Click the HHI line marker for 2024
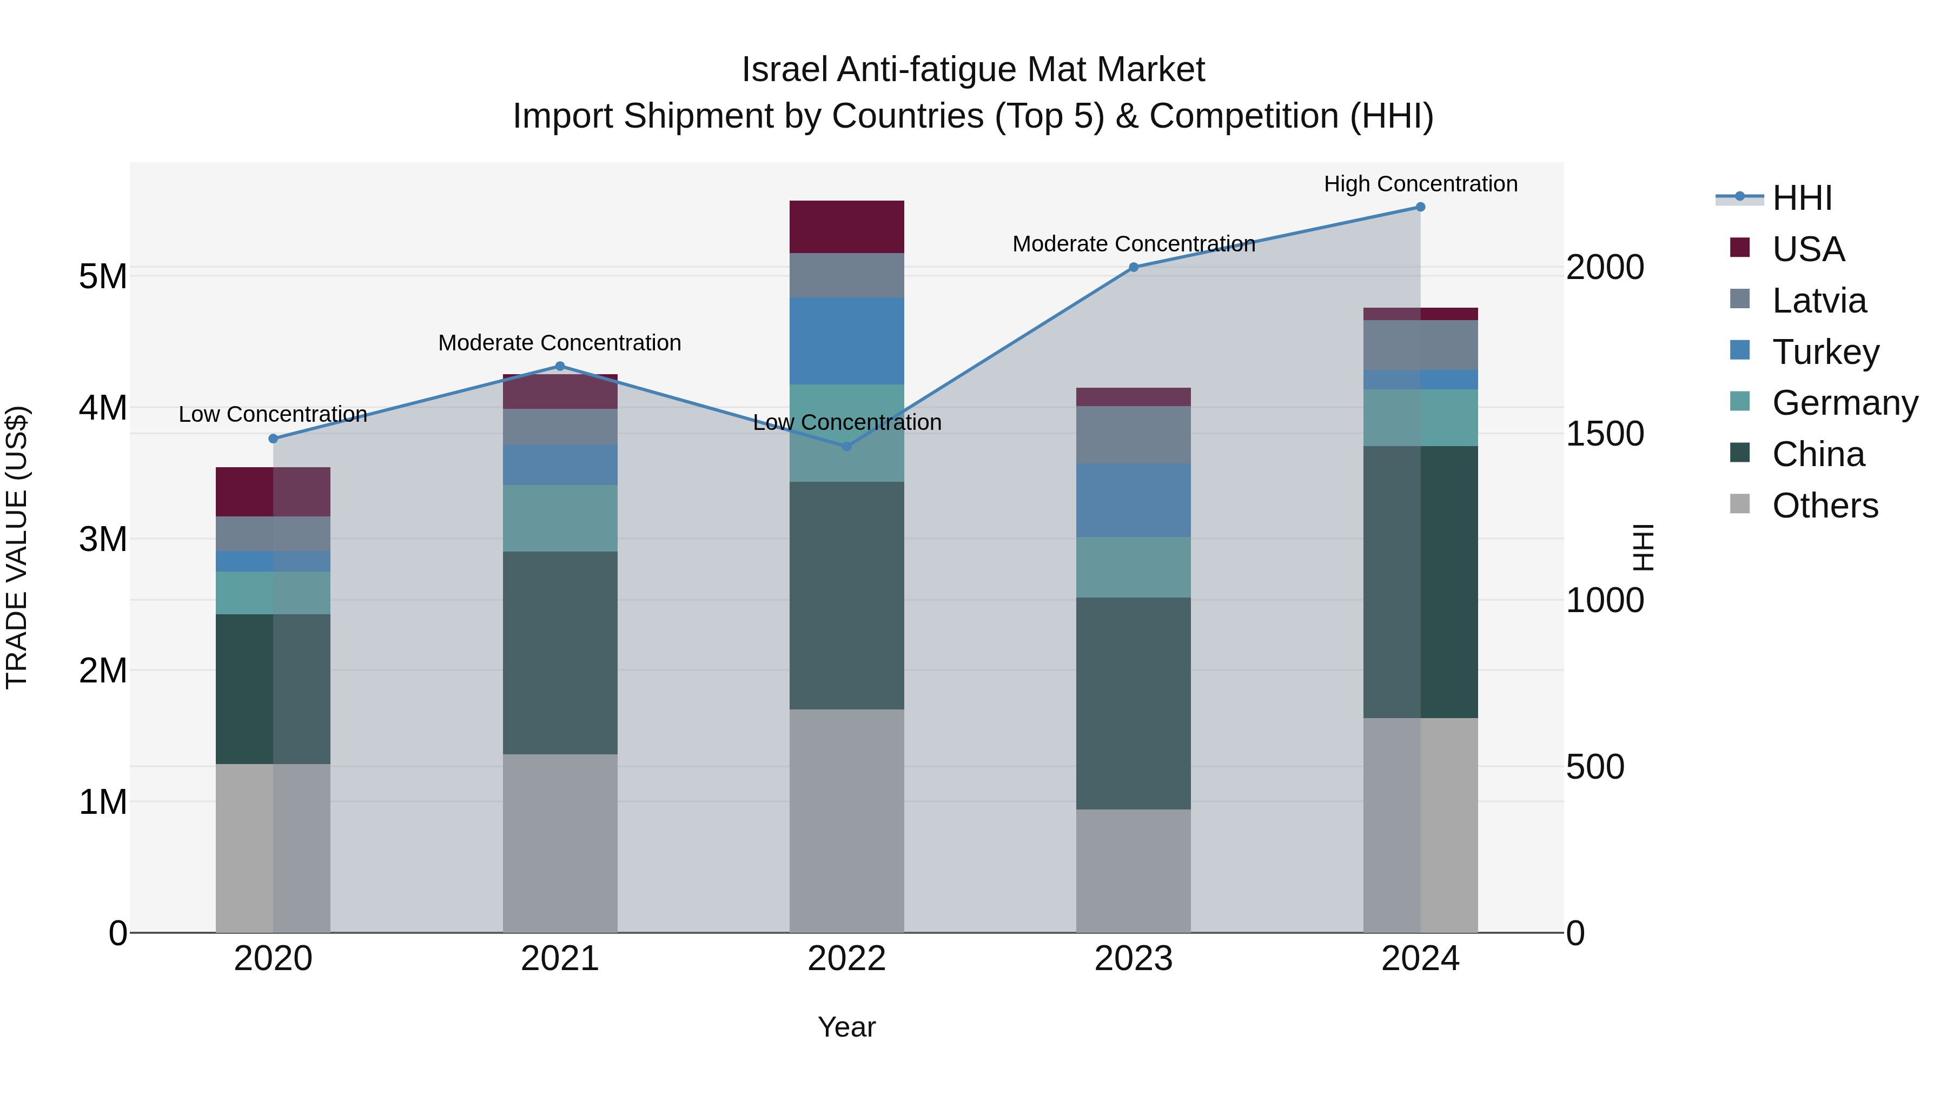1420,207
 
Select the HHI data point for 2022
846,447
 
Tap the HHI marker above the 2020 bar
273,439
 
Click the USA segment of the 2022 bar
846,227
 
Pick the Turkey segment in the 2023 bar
1133,500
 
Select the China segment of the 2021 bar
560,653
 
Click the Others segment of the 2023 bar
1133,871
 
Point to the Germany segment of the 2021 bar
560,519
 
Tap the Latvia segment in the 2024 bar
1420,346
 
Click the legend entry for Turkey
1825,352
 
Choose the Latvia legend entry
1818,301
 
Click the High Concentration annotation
1420,184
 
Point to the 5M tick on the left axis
103,276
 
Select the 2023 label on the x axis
1133,959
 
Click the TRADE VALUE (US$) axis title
17,547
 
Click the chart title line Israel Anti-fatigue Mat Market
973,70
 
